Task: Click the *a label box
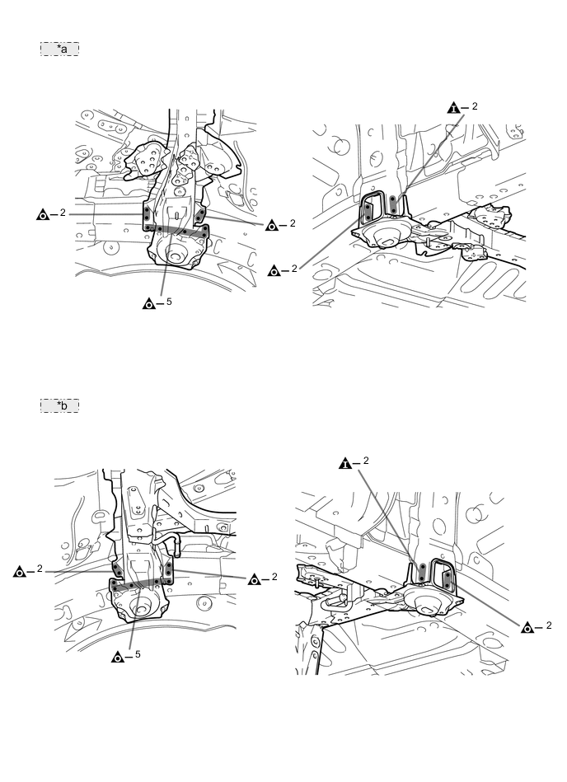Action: pyautogui.click(x=59, y=49)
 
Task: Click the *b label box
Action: pyautogui.click(x=59, y=405)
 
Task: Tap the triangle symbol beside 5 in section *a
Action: pyautogui.click(x=148, y=303)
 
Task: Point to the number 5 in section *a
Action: pyautogui.click(x=169, y=302)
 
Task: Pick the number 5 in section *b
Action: pyautogui.click(x=138, y=654)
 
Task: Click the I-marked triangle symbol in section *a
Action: pyautogui.click(x=454, y=108)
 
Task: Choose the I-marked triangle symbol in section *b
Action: pyautogui.click(x=345, y=464)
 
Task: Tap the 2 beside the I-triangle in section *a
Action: pyautogui.click(x=475, y=106)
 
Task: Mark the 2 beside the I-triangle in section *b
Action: pyautogui.click(x=366, y=461)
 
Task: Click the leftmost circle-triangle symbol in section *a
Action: pyautogui.click(x=43, y=215)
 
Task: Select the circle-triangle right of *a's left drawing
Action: pyautogui.click(x=271, y=226)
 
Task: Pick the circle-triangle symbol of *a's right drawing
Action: pyautogui.click(x=274, y=271)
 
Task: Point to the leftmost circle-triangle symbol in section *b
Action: pyautogui.click(x=20, y=572)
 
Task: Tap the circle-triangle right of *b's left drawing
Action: pyautogui.click(x=255, y=579)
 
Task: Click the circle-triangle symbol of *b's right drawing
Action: pyautogui.click(x=527, y=628)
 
